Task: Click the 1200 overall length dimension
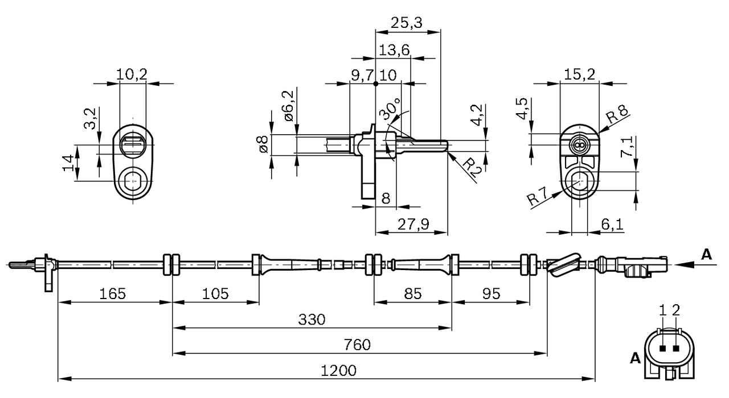click(x=339, y=371)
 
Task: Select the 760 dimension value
click(x=357, y=345)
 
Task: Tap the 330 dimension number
click(x=312, y=320)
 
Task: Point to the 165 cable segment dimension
click(x=112, y=294)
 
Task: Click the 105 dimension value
click(x=215, y=294)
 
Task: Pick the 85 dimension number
click(x=413, y=294)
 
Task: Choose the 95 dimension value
click(x=491, y=294)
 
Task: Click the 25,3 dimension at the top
click(x=407, y=23)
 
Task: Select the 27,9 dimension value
click(x=413, y=225)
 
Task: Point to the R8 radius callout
click(x=617, y=114)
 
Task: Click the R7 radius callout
click(x=537, y=196)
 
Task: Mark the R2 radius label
click(x=472, y=167)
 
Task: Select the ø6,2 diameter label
click(x=289, y=106)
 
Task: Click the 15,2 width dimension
click(x=579, y=74)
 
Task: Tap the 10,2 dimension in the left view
click(x=132, y=74)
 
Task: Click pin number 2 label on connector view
click(x=676, y=310)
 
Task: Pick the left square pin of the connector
click(x=662, y=349)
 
